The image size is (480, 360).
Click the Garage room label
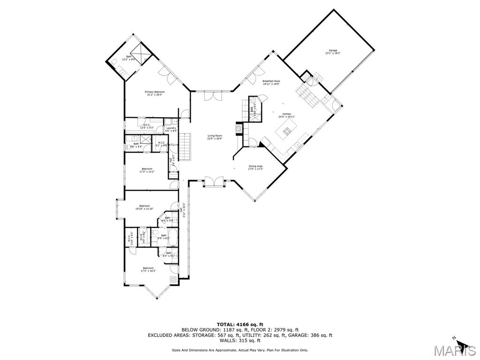pos(333,52)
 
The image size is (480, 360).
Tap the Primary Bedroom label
pos(155,93)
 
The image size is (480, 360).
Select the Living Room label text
pos(215,137)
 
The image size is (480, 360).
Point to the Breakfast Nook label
pos(271,82)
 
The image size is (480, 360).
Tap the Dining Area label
pos(255,167)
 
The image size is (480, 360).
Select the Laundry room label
pos(171,129)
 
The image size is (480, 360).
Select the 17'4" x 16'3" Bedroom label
pos(148,270)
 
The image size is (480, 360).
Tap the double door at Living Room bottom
pos(214,182)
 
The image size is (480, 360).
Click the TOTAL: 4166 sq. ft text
pos(240,324)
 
